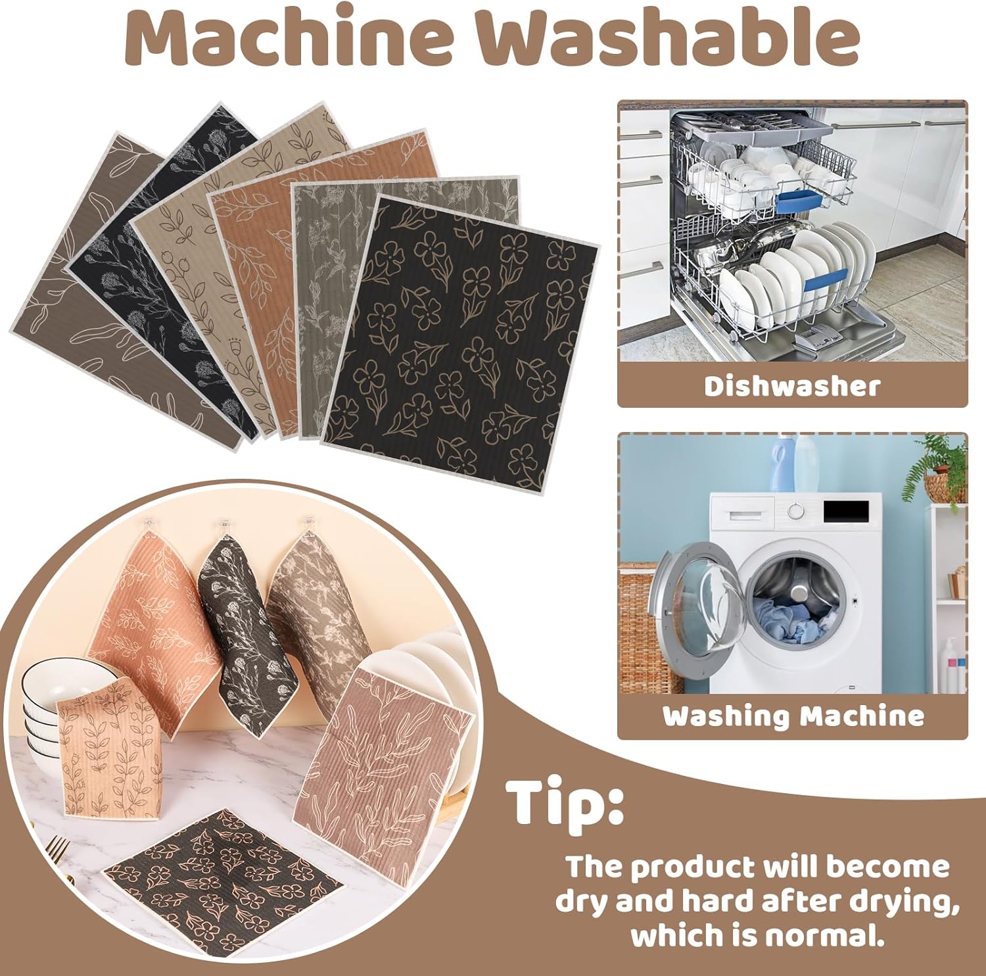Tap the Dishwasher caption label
pyautogui.click(x=791, y=386)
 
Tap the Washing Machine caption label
pyautogui.click(x=793, y=716)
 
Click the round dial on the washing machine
pyautogui.click(x=796, y=510)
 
